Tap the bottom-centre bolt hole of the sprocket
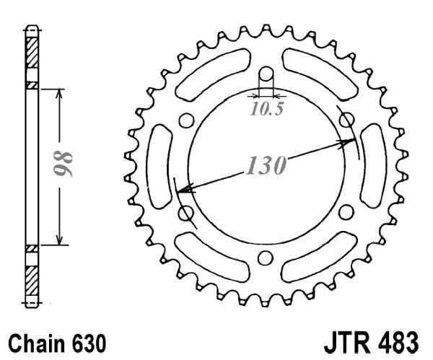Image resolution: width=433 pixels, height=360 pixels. (x=265, y=256)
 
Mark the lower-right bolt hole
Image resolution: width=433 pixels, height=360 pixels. (x=345, y=211)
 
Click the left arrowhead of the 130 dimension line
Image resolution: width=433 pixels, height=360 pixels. (x=183, y=191)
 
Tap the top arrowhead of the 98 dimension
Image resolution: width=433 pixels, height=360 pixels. (x=60, y=93)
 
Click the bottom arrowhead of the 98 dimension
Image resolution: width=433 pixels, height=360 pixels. (x=60, y=242)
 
